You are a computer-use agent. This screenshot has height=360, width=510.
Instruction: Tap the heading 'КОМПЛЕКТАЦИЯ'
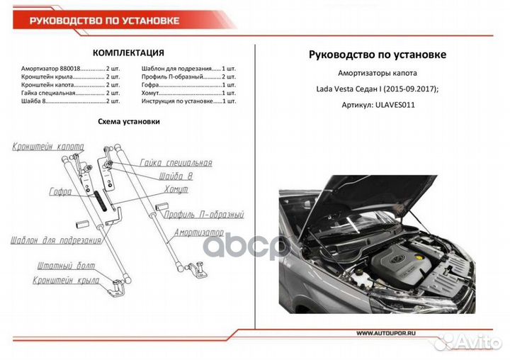point(129,53)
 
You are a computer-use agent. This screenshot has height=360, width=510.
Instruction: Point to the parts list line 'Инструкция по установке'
point(188,101)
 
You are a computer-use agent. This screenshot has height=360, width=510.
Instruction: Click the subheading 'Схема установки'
point(128,121)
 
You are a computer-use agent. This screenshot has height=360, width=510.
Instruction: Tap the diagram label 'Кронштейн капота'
point(47,147)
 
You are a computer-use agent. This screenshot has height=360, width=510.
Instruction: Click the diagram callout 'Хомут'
point(176,190)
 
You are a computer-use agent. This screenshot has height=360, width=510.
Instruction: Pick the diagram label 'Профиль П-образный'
point(203,214)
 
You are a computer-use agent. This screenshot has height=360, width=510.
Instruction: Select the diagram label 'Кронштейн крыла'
point(64,281)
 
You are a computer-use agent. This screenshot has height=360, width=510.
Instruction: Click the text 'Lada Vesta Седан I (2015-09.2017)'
point(378,89)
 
